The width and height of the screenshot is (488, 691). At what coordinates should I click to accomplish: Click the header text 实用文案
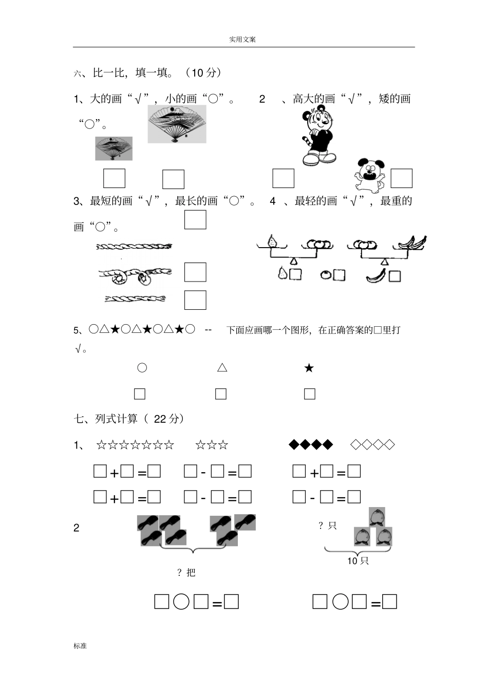242,40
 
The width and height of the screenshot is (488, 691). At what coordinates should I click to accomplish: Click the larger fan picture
177,124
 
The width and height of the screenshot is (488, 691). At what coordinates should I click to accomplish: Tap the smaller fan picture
114,148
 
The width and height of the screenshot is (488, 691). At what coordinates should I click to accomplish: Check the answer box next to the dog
401,178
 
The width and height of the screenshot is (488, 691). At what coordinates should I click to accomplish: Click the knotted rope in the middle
135,275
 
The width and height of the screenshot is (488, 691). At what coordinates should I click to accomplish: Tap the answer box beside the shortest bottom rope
195,300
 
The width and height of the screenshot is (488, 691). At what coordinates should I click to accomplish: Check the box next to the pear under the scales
295,274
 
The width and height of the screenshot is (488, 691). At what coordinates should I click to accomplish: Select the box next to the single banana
395,276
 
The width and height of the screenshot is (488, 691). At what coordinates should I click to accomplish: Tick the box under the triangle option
221,394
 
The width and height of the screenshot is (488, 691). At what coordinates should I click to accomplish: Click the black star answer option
309,368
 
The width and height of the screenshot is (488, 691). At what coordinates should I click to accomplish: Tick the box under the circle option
139,394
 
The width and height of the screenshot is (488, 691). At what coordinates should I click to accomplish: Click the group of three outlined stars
212,445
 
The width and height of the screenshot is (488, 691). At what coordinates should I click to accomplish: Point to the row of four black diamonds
311,444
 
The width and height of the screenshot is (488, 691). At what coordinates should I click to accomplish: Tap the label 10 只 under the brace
358,561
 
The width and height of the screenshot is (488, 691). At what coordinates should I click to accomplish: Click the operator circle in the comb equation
181,602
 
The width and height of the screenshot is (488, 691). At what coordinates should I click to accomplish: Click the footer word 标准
80,646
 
